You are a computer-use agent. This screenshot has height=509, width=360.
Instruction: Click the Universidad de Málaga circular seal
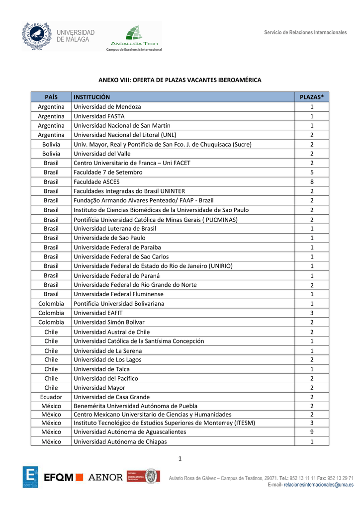coord(36,36)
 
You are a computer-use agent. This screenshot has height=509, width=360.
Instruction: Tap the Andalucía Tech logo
coord(134,37)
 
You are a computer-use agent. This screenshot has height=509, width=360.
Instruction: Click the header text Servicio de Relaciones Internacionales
coord(305,32)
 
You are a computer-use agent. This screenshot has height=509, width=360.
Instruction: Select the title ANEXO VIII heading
coord(180,80)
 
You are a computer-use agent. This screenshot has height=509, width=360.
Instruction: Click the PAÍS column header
coord(51,97)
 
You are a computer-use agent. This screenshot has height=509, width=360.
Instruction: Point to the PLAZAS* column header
coord(311,97)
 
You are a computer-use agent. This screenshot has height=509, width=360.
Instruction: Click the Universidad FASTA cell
coord(99,116)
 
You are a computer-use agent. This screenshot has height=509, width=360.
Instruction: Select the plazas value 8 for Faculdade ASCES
coord(312,181)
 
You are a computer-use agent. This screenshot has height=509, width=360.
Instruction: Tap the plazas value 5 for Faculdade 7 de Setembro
coord(312,172)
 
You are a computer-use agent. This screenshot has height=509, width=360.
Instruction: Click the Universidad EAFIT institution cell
coord(98,313)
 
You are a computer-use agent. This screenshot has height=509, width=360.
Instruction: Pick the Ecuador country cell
coord(51,397)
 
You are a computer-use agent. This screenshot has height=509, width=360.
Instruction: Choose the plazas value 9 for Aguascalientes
coord(312,432)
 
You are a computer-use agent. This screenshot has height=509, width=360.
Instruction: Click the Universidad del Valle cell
coord(102,154)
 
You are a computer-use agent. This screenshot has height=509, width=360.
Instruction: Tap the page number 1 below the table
coord(180,458)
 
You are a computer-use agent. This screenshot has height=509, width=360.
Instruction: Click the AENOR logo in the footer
coord(105,477)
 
